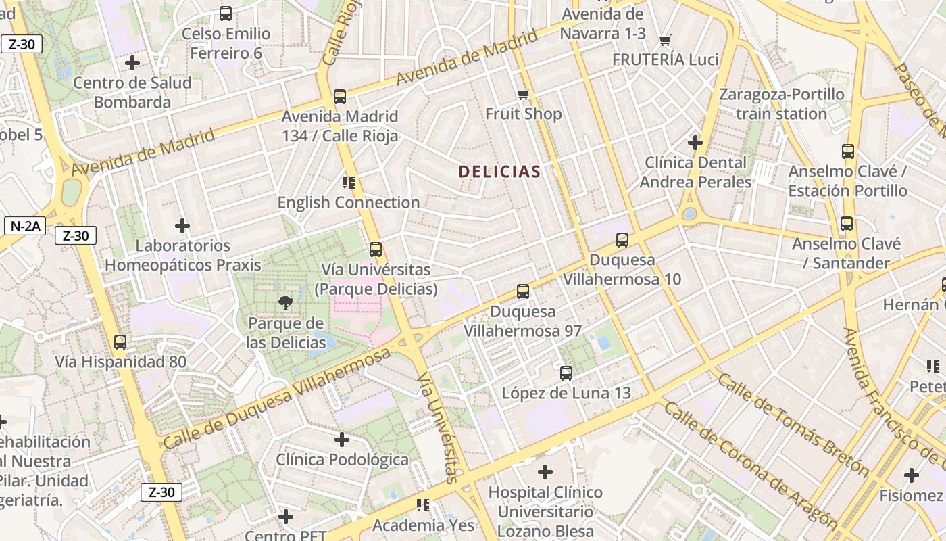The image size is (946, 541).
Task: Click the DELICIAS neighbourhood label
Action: (499, 172)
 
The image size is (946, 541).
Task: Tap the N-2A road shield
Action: (24, 226)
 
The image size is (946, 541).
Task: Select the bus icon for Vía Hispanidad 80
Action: (120, 342)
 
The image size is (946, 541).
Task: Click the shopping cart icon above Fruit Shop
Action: (524, 94)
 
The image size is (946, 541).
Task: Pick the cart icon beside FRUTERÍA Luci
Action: (666, 41)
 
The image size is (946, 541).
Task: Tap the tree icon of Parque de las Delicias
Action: (286, 303)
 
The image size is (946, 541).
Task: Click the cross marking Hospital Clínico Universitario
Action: (545, 472)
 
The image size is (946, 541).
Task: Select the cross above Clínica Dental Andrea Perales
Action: (695, 143)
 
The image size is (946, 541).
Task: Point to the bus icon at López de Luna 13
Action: (566, 373)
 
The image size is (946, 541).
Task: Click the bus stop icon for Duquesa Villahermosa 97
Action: (523, 291)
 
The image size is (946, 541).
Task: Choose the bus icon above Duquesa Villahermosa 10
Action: (622, 240)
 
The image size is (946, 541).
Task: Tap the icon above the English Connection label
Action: (349, 183)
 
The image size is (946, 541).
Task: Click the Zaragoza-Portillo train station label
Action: (781, 103)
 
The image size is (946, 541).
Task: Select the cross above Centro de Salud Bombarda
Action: (132, 63)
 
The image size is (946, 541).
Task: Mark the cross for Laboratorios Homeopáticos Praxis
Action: (182, 226)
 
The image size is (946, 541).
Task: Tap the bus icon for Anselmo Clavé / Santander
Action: (846, 224)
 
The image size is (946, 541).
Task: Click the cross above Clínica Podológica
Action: (342, 440)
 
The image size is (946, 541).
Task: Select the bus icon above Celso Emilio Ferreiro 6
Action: (226, 14)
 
